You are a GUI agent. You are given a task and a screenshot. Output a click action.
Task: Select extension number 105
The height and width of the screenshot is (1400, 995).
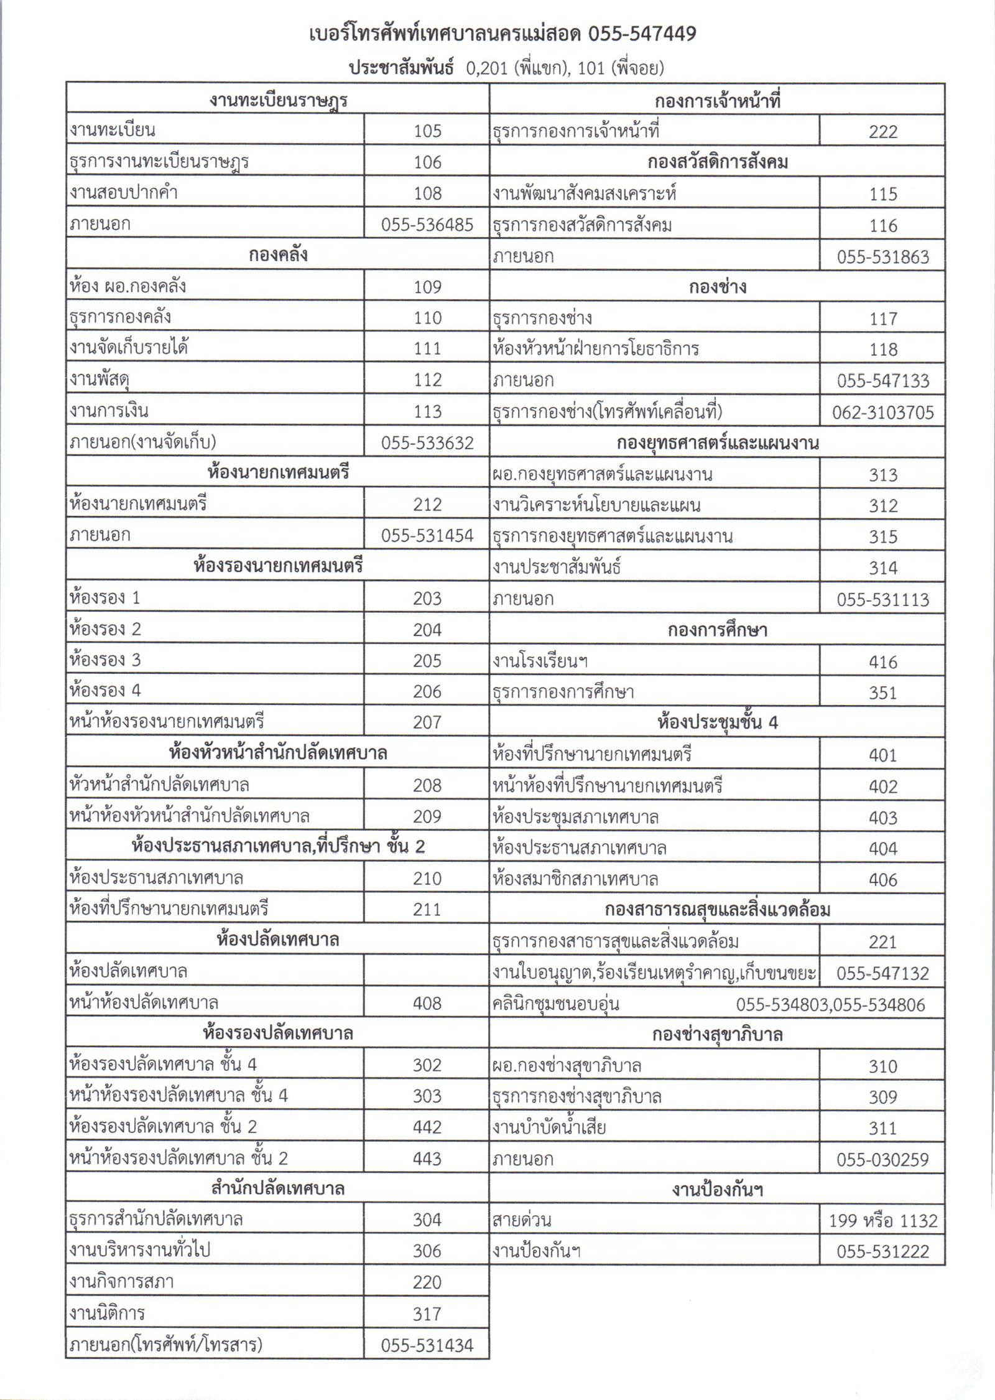tap(427, 131)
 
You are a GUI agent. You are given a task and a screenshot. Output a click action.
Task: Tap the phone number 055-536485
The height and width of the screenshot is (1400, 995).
tap(427, 224)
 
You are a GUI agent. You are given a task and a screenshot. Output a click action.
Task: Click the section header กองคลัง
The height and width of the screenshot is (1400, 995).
tap(277, 255)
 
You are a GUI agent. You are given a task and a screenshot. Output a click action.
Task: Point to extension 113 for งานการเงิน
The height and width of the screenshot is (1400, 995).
tap(427, 411)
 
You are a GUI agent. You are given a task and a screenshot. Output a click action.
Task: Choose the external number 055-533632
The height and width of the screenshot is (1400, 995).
tap(427, 442)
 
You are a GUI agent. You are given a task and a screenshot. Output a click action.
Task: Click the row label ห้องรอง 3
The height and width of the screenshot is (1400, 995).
tap(106, 660)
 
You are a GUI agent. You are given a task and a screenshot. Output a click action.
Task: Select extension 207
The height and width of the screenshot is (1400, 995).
tap(427, 722)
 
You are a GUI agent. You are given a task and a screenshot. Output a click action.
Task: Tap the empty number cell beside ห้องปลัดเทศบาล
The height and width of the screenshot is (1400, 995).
tap(427, 971)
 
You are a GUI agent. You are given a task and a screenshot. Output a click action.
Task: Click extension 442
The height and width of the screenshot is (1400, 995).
tap(427, 1127)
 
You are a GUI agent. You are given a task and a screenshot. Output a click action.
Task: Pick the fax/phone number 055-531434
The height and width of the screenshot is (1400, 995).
tap(427, 1345)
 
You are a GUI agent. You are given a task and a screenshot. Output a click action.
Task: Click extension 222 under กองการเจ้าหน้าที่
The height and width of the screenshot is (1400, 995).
tap(882, 131)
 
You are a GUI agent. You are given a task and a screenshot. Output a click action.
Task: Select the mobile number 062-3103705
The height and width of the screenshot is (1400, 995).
tap(882, 413)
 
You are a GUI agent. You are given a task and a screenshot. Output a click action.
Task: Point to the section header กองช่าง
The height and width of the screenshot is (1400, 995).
tap(717, 287)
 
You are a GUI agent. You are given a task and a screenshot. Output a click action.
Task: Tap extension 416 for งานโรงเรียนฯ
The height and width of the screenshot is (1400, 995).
tap(882, 661)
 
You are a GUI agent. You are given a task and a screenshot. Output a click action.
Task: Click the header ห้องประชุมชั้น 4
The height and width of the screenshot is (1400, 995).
tap(717, 722)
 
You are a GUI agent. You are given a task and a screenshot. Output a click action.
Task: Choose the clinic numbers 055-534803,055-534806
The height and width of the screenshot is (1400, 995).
tap(830, 1004)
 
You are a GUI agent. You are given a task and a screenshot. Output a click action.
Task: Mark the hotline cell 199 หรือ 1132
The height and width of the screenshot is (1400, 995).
tap(882, 1221)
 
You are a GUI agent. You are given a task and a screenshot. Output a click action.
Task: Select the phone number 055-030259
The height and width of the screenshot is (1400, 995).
tap(882, 1159)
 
